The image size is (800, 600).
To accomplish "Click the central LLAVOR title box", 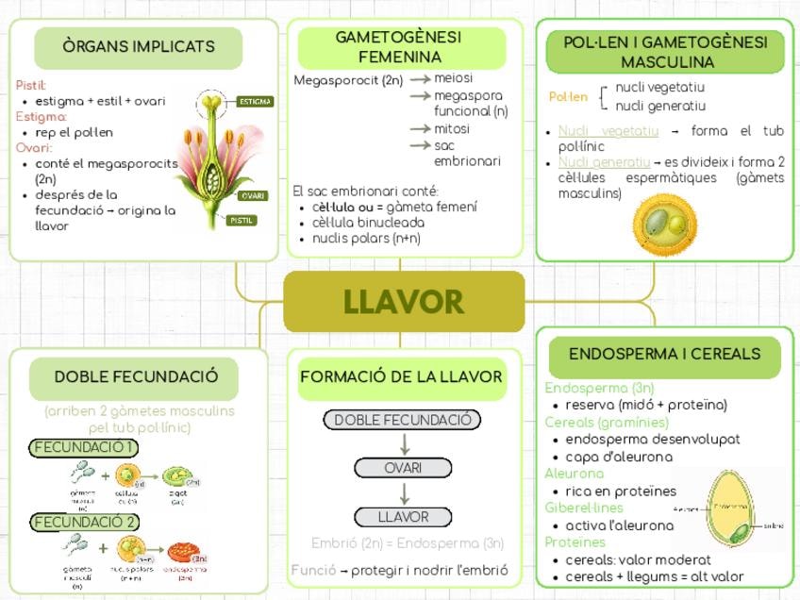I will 404,302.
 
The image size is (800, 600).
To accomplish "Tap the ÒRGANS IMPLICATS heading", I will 139,46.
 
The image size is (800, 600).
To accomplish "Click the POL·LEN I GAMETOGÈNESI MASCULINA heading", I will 665,52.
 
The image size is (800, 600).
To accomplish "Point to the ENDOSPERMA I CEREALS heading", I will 664,355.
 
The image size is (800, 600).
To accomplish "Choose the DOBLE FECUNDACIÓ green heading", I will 136,376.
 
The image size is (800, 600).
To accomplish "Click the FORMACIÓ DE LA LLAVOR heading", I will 401,377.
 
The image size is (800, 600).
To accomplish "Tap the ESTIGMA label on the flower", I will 254,101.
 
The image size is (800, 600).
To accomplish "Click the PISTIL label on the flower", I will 242,220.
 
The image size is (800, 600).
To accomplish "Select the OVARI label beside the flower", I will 251,195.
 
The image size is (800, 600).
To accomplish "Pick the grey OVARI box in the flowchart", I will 404,468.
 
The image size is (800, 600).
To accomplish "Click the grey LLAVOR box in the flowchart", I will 403,517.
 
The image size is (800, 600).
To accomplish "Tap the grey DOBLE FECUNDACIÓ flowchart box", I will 402,420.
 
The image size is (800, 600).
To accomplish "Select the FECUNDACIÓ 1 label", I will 84,447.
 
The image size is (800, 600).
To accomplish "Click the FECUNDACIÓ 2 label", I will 85,522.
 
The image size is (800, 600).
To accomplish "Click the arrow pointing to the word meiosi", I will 420,79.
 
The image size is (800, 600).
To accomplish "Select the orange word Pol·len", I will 568,96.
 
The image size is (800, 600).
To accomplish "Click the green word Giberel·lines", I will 577,508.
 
